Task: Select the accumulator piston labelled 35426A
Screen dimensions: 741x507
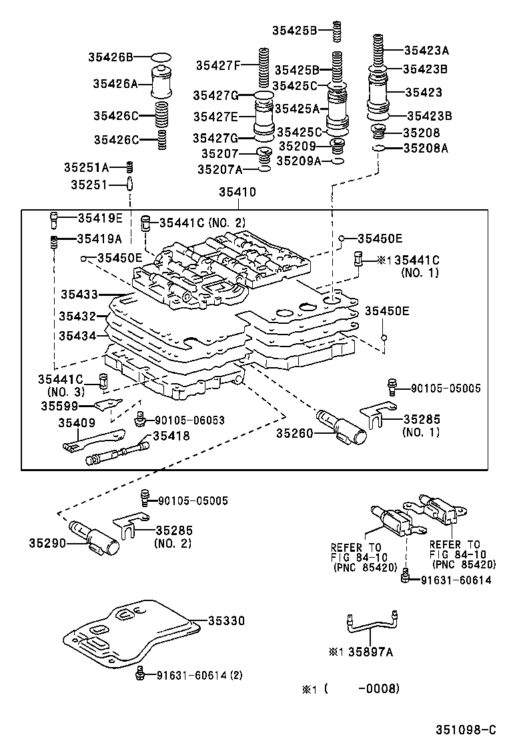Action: pyautogui.click(x=161, y=83)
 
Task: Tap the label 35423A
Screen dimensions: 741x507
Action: pyautogui.click(x=426, y=49)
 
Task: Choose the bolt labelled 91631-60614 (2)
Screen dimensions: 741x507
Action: pyautogui.click(x=139, y=674)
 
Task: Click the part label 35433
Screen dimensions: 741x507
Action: pyautogui.click(x=79, y=294)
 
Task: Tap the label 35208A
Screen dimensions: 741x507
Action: pyautogui.click(x=426, y=149)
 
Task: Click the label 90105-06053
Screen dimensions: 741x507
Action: pyautogui.click(x=189, y=420)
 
